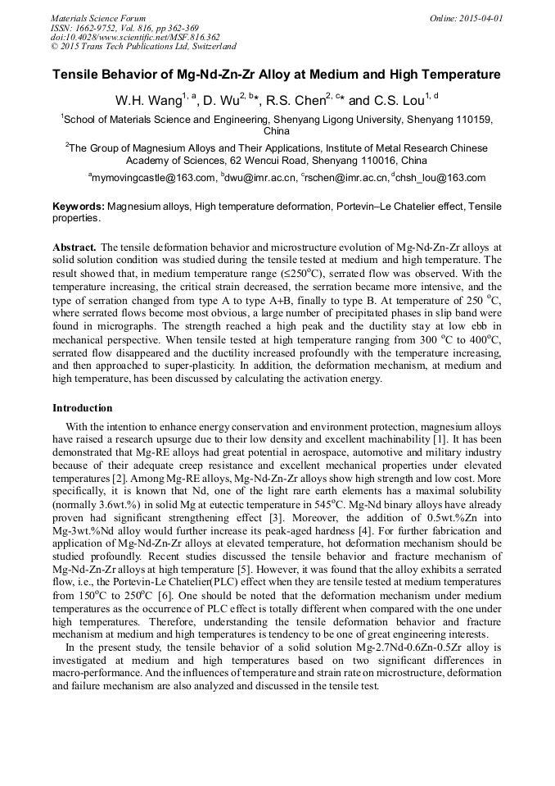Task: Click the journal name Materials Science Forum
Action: click(98, 17)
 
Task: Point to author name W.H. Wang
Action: click(141, 101)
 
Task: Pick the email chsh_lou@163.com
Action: click(441, 177)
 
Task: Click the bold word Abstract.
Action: click(74, 246)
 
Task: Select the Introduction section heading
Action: click(83, 407)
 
